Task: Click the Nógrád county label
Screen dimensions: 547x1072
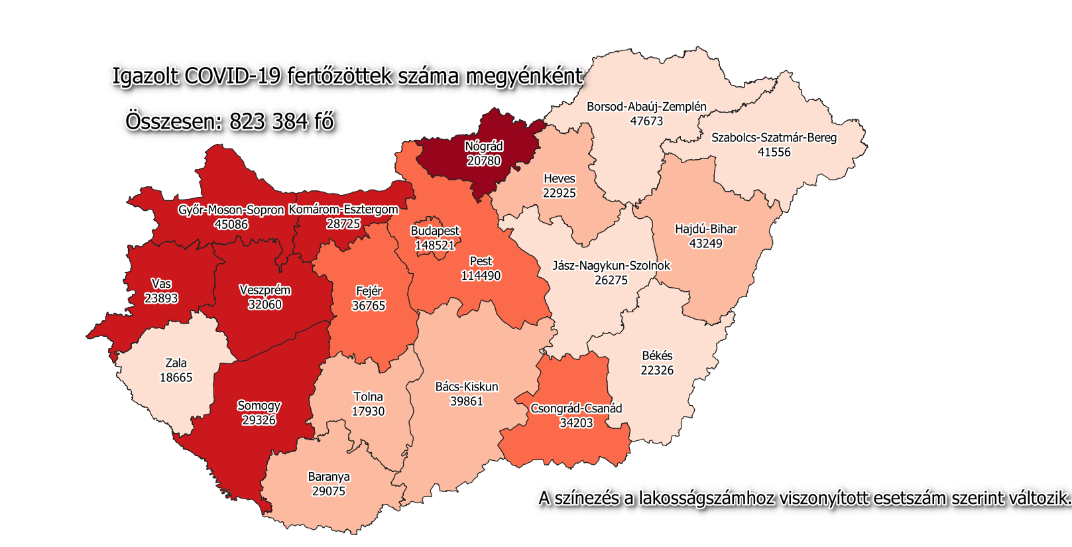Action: pyautogui.click(x=483, y=147)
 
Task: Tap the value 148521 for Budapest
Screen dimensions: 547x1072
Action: pyautogui.click(x=435, y=245)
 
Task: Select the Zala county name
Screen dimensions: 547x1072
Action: pyautogui.click(x=176, y=363)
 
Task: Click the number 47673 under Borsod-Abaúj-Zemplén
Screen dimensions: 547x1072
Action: pyautogui.click(x=646, y=121)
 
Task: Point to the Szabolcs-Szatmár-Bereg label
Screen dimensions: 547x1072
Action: pyautogui.click(x=774, y=138)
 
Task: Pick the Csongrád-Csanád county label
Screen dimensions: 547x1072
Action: pyautogui.click(x=576, y=408)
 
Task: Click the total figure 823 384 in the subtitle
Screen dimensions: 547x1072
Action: pyautogui.click(x=270, y=122)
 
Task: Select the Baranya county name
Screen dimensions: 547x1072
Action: pyautogui.click(x=329, y=477)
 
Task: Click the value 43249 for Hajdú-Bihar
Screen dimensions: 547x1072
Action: pyautogui.click(x=705, y=243)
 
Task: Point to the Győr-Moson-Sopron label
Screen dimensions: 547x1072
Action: pyautogui.click(x=231, y=210)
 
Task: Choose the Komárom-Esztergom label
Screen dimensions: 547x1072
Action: pyautogui.click(x=343, y=210)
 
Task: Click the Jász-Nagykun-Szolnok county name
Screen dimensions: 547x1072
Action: pyautogui.click(x=611, y=266)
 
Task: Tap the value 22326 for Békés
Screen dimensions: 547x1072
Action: pyautogui.click(x=657, y=370)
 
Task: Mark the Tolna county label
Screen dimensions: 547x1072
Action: pyautogui.click(x=368, y=397)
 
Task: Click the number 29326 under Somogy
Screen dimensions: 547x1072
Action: pyautogui.click(x=259, y=420)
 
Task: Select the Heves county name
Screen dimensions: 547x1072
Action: pyautogui.click(x=559, y=178)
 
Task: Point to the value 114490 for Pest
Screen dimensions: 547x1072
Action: pyautogui.click(x=481, y=276)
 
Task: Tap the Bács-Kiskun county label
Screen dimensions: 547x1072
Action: pyautogui.click(x=466, y=387)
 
